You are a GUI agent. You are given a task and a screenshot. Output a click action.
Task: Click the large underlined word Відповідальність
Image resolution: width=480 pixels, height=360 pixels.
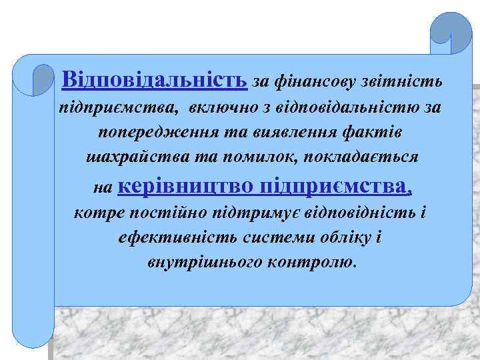pos(154,81)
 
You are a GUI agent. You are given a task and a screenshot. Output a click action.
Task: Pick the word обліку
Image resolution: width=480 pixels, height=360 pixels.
pos(338,238)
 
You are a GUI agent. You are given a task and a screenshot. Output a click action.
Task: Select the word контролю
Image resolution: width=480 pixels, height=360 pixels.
pos(312,262)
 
